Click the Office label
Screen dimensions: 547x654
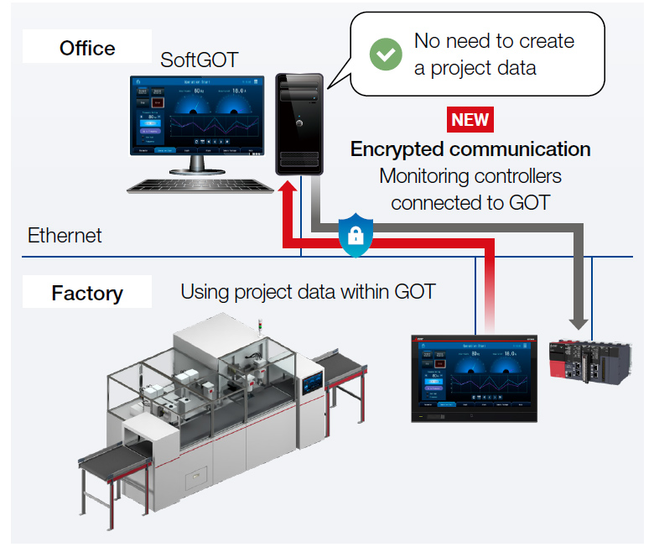point(86,48)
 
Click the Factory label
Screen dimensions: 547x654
point(86,294)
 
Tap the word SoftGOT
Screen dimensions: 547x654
point(200,60)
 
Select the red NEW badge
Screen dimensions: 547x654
point(470,119)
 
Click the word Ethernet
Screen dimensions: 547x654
point(65,235)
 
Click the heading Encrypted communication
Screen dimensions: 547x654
point(470,149)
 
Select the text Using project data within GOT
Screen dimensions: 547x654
point(308,292)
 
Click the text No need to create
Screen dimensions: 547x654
point(494,41)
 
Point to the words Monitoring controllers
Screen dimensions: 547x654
point(470,176)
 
